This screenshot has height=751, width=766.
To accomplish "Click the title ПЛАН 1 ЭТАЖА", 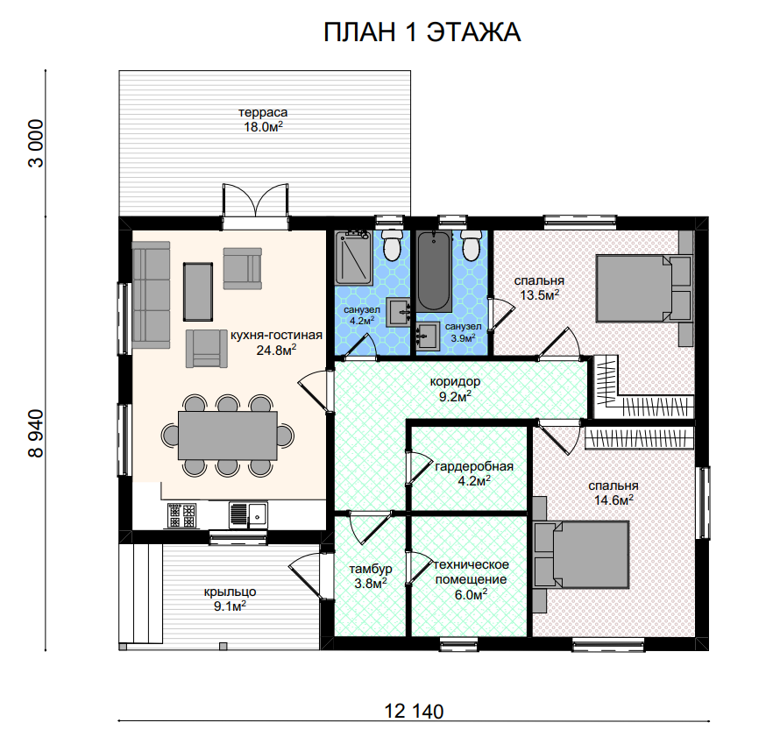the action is (x=422, y=32).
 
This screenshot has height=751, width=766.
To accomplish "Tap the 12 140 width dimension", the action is (x=414, y=712).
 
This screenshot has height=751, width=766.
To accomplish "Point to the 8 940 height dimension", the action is (x=36, y=433).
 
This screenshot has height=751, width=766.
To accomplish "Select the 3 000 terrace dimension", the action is (x=36, y=144).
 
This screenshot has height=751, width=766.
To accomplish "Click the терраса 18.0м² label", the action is (x=263, y=120).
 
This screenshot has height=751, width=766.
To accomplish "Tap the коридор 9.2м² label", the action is (x=455, y=389).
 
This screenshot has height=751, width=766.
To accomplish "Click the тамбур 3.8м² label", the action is (x=371, y=577).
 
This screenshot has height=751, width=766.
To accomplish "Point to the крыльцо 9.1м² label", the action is (x=231, y=599).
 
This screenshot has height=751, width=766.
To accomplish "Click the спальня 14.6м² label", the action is (x=614, y=492).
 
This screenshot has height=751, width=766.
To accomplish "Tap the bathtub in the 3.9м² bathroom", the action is (x=434, y=271).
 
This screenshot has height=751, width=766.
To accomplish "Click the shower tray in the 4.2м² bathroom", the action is (x=353, y=258).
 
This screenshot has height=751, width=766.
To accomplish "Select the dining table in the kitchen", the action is (x=228, y=436).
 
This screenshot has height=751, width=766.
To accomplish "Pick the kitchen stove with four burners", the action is (x=181, y=515).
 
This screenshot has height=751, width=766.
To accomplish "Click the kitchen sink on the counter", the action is (x=248, y=514).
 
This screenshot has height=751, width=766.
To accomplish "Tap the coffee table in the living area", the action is (x=198, y=292).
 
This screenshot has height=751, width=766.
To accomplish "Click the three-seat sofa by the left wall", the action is (x=151, y=295).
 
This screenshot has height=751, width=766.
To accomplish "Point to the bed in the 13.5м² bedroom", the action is (x=643, y=288).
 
